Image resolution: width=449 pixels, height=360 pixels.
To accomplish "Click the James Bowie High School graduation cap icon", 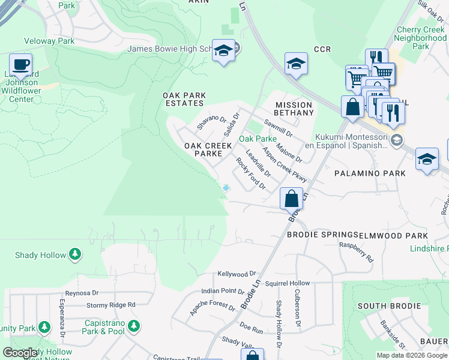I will click(x=224, y=51).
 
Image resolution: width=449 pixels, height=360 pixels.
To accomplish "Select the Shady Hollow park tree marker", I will click(x=75, y=255).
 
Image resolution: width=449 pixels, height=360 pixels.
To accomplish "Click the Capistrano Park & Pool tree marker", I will click(x=134, y=326).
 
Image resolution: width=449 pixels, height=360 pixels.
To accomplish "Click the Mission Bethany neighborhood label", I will click(x=294, y=109).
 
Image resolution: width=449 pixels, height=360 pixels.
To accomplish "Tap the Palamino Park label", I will click(x=370, y=173).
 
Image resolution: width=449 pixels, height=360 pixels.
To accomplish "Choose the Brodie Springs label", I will click(x=322, y=236).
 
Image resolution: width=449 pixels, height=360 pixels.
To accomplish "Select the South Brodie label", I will click(x=389, y=306).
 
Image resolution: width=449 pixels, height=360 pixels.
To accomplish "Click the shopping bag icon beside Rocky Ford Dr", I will click(x=291, y=197).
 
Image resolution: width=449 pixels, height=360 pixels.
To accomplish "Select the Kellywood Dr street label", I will click(x=237, y=274).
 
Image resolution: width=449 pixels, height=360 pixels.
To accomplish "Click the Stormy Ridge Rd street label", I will click(x=111, y=305).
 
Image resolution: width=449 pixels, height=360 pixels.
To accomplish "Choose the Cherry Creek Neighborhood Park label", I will click(x=420, y=38).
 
